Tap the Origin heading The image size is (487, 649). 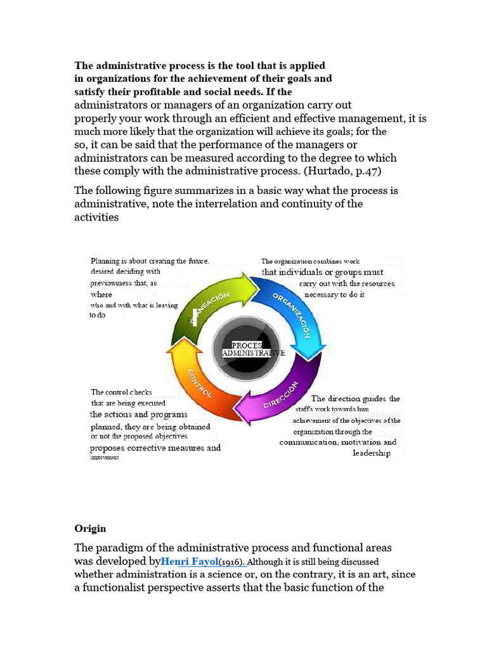coord(90,529)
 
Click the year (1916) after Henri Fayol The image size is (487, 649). coord(232,562)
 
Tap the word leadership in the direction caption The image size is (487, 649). coord(372,454)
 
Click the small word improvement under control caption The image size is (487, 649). coord(104,457)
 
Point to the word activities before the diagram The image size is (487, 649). coord(96,217)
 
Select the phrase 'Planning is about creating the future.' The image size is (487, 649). coord(150,260)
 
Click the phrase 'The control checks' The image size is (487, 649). coord(122,392)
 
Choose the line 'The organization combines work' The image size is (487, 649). coord(310,261)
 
